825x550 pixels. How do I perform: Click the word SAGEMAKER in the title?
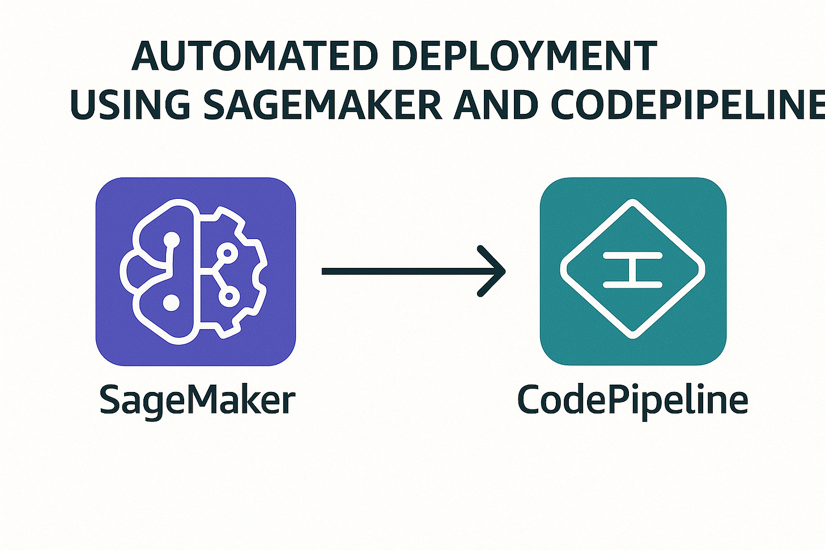pyautogui.click(x=322, y=105)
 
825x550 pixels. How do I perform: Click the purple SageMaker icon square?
pyautogui.click(x=195, y=271)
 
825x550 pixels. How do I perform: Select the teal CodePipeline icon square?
pyautogui.click(x=633, y=271)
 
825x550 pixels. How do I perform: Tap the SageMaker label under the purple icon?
pyautogui.click(x=197, y=400)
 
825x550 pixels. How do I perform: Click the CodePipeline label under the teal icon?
pyautogui.click(x=632, y=400)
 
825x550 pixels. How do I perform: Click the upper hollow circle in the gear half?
pyautogui.click(x=228, y=253)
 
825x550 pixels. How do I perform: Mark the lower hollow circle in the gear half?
pyautogui.click(x=229, y=295)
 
